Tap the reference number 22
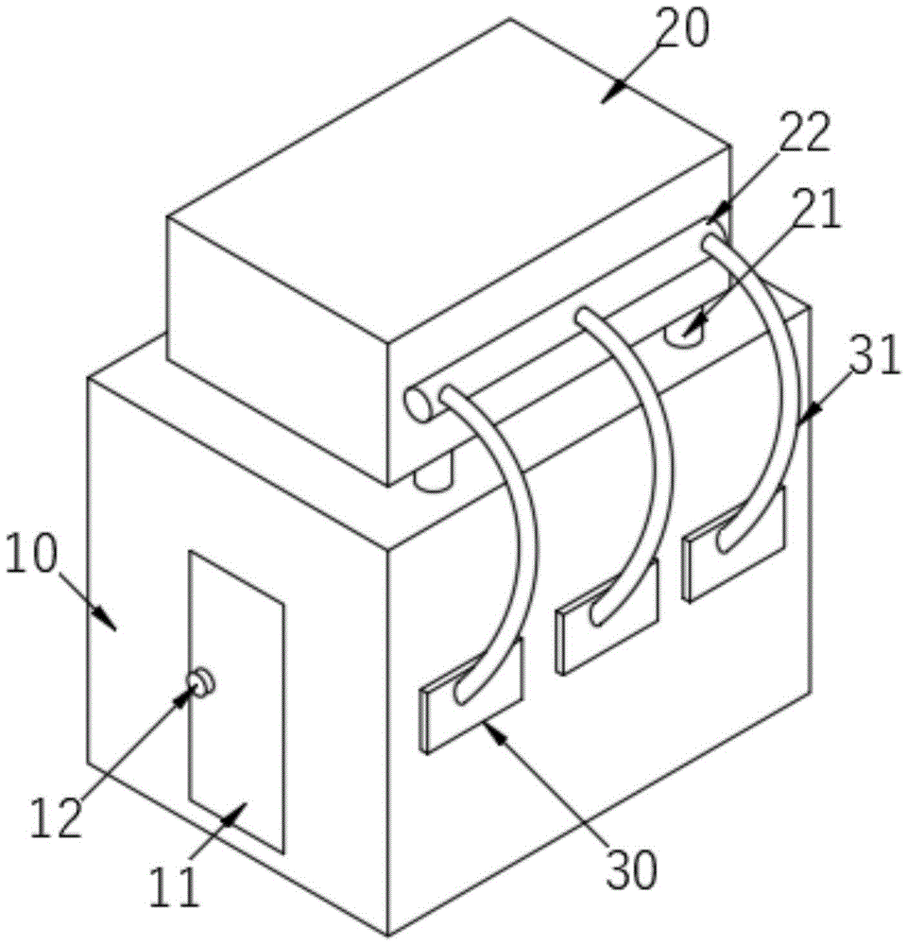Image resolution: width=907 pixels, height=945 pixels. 804,135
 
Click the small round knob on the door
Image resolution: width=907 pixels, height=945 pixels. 200,680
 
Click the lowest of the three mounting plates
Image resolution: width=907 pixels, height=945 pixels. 471,697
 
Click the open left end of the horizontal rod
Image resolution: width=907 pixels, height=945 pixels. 417,403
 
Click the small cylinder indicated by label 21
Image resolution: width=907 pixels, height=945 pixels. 686,331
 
